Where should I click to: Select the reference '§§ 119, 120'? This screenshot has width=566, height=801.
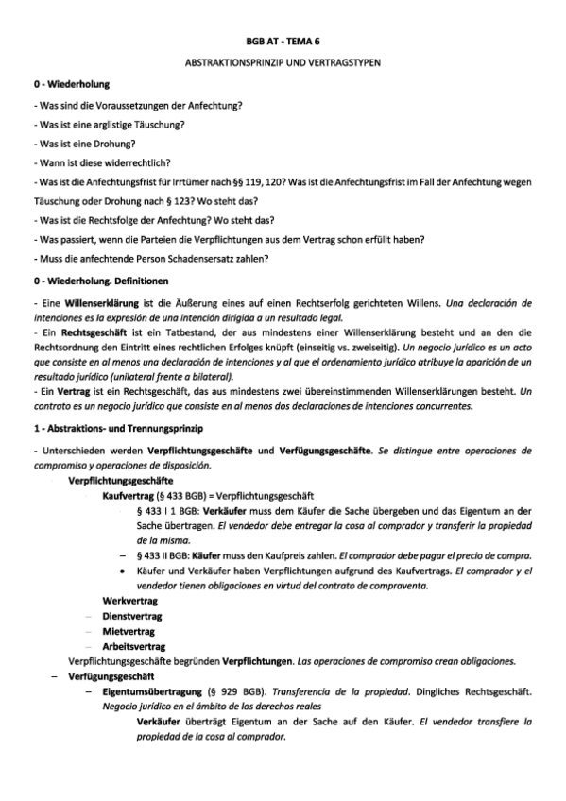pyautogui.click(x=240, y=183)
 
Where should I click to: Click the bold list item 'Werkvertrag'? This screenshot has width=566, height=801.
pyautogui.click(x=129, y=601)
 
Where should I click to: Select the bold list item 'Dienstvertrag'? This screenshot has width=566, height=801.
pyautogui.click(x=132, y=616)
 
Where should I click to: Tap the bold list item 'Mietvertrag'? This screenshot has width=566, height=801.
pyautogui.click(x=129, y=631)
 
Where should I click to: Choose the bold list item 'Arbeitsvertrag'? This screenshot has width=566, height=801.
pyautogui.click(x=134, y=646)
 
